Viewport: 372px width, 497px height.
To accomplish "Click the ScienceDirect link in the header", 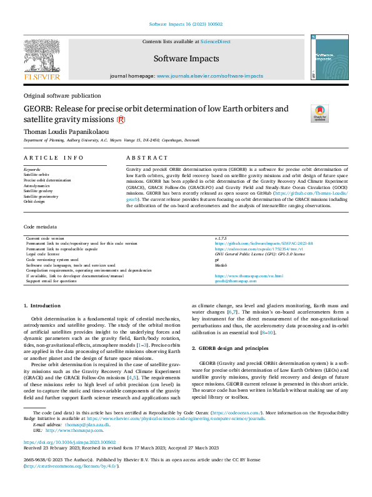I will tap(214, 41).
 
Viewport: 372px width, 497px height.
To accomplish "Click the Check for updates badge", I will tap(319, 113).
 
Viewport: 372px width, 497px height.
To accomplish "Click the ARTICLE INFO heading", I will tap(54, 158).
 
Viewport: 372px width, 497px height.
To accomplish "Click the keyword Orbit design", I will tap(35, 202).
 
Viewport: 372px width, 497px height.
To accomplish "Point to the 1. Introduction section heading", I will tap(42, 305).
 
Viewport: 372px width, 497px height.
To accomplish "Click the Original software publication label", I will tap(62, 96).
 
